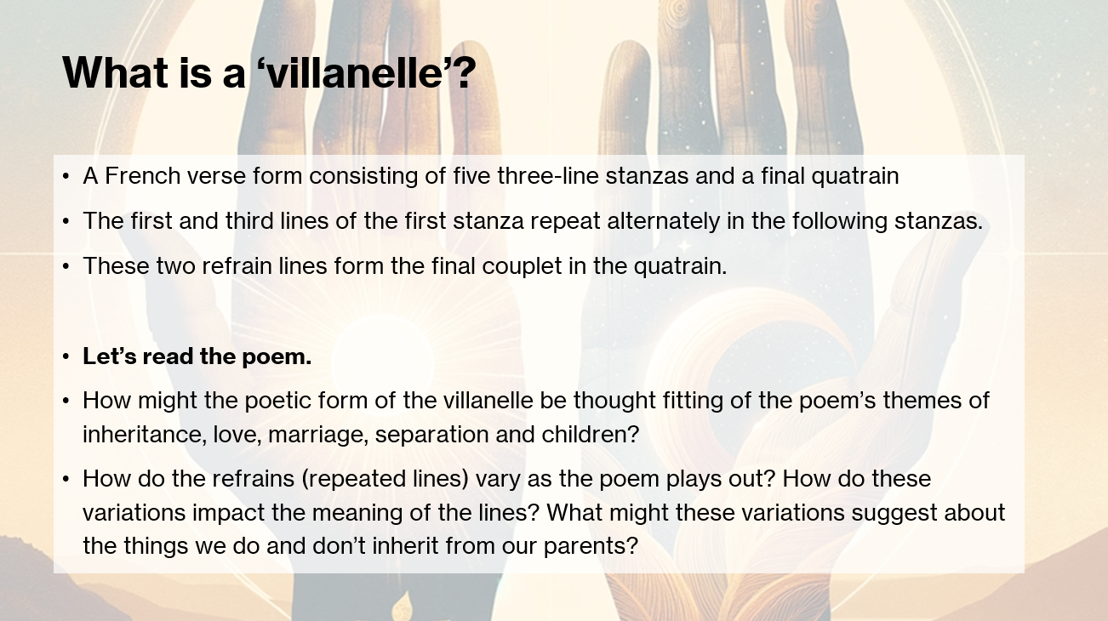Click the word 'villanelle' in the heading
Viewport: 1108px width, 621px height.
click(355, 72)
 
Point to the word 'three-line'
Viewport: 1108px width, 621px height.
click(548, 176)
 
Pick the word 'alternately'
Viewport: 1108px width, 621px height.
click(664, 221)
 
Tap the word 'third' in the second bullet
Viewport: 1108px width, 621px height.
click(249, 221)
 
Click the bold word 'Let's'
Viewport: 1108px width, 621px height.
click(109, 356)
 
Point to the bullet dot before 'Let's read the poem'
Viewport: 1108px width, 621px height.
click(66, 357)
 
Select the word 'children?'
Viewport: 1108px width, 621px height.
click(591, 435)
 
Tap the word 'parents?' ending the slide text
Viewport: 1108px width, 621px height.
click(591, 546)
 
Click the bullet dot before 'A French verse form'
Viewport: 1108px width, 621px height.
click(66, 176)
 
